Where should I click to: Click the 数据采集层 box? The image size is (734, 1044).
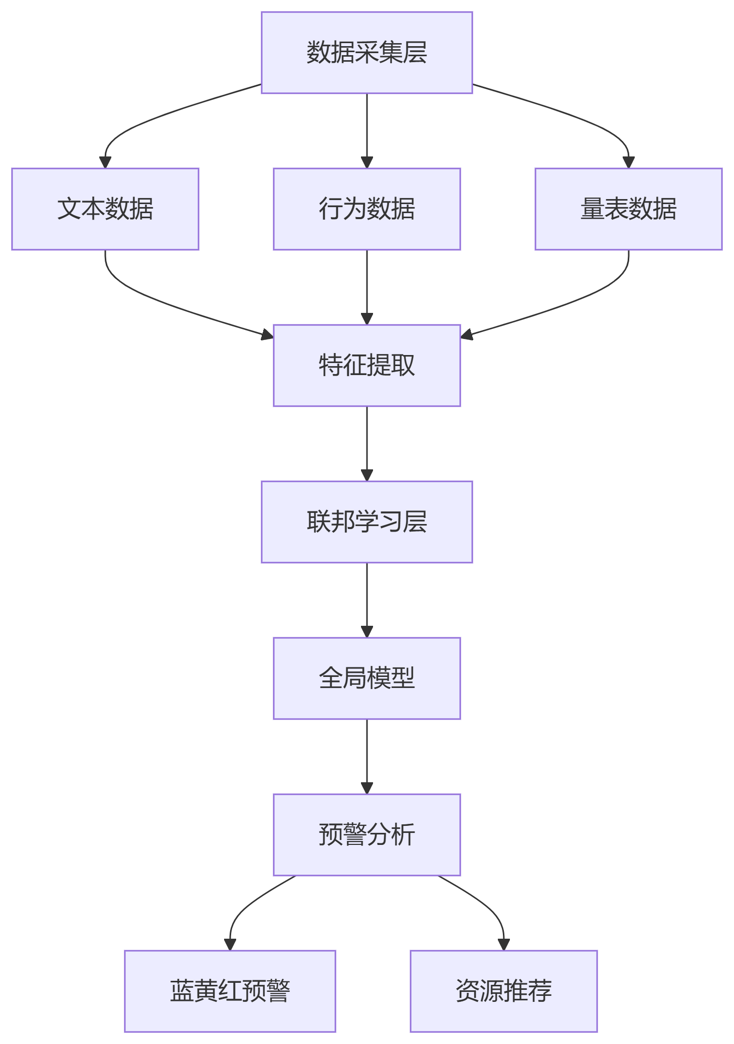tap(366, 53)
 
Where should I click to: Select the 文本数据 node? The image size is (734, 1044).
tap(105, 209)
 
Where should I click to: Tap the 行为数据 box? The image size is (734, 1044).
tap(366, 209)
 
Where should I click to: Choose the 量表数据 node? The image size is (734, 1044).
tap(628, 209)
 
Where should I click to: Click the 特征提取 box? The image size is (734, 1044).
tap(366, 366)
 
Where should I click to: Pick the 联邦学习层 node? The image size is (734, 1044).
tap(366, 522)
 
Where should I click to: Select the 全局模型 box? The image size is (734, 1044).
tap(366, 678)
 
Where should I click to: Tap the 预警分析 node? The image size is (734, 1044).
tap(366, 835)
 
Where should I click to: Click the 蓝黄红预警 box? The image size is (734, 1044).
tap(230, 991)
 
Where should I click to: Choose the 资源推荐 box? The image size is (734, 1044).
tap(503, 991)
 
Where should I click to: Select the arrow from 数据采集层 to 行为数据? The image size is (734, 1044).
tap(366, 130)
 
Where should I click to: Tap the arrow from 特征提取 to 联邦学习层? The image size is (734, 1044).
tap(366, 443)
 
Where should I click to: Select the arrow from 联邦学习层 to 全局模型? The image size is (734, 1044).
tap(366, 600)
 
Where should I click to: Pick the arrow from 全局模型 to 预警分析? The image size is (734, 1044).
tap(366, 756)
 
